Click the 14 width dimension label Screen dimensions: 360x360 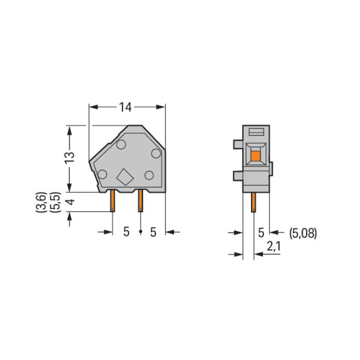click(125, 107)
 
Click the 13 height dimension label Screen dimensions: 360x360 click(70, 157)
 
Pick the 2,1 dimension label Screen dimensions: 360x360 click(274, 247)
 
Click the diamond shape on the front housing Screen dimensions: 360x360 click(125, 177)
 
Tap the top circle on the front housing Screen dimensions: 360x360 click(121, 144)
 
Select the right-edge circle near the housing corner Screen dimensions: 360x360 click(156, 154)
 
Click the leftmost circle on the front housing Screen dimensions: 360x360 click(102, 175)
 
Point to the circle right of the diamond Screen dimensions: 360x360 click(149, 175)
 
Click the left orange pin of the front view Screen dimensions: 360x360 click(112, 201)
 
